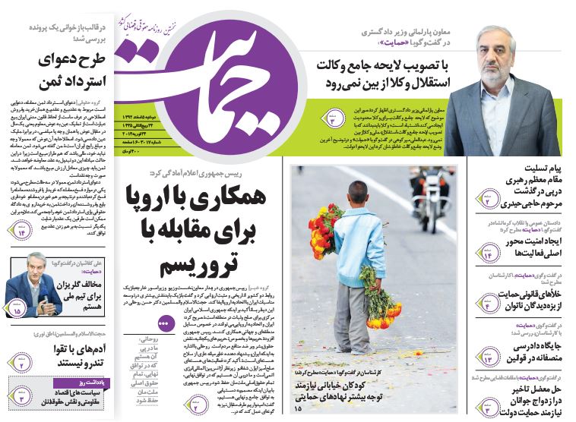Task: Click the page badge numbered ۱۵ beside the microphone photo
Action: [x=17, y=310]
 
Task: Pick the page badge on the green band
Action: [x=334, y=118]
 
